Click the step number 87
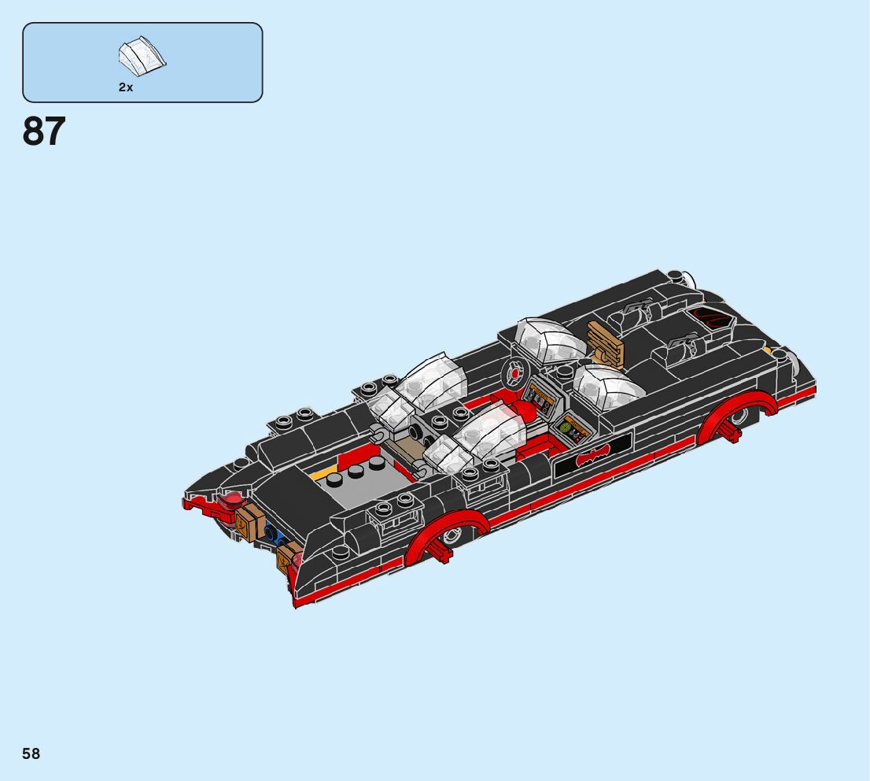tap(44, 131)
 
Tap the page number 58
tap(31, 753)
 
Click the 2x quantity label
tap(126, 87)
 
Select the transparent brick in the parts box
tap(142, 56)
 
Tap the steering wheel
tap(514, 373)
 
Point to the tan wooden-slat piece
tap(606, 342)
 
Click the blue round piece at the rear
tap(273, 533)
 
